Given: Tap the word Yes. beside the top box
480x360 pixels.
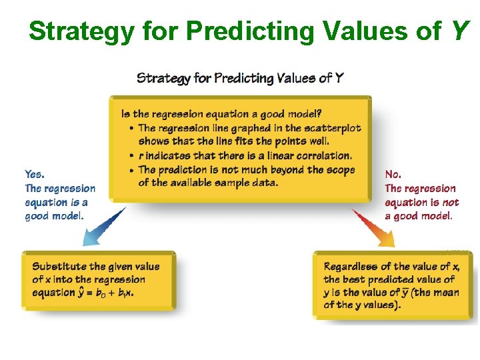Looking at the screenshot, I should (x=35, y=175).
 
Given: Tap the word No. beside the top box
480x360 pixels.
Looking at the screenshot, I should (x=393, y=175).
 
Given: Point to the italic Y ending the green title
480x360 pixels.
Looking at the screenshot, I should (x=459, y=31).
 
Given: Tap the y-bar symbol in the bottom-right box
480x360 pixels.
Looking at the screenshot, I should (x=404, y=293).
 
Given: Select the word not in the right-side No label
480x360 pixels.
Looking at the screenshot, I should (x=451, y=202).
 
